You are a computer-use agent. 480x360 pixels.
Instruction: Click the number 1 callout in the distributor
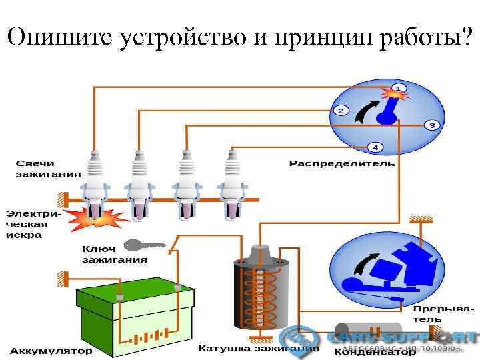point(398,88)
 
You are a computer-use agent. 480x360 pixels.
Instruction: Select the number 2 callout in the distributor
point(340,111)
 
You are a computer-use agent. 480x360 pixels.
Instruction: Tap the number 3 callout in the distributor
point(432,125)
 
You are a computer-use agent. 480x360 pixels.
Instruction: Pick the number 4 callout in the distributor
point(375,147)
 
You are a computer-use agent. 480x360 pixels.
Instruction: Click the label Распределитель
point(341,163)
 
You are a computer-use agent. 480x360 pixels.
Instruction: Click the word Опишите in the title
point(61,39)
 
